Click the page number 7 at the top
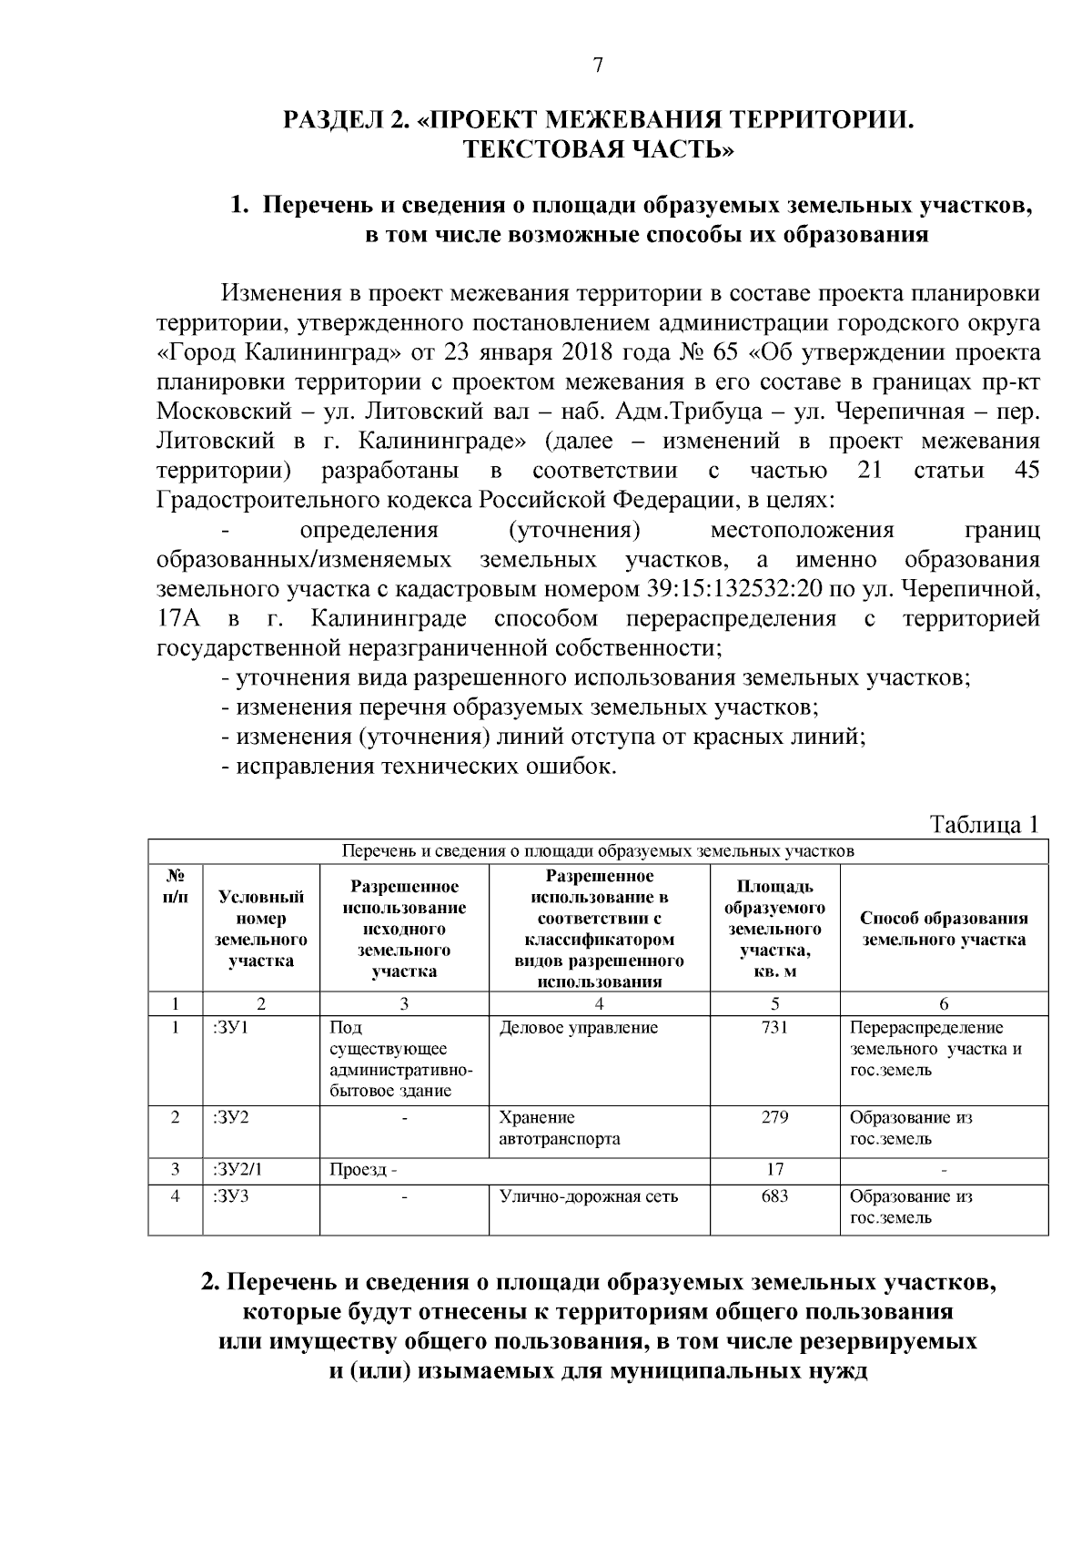(598, 65)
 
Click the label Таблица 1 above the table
(983, 824)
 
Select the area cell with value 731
(774, 1028)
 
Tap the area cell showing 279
(774, 1117)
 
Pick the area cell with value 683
(774, 1196)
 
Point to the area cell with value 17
(774, 1169)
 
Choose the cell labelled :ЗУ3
(230, 1196)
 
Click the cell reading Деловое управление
(578, 1028)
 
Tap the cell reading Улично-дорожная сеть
(588, 1196)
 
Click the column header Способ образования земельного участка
(944, 929)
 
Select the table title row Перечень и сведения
(598, 852)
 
